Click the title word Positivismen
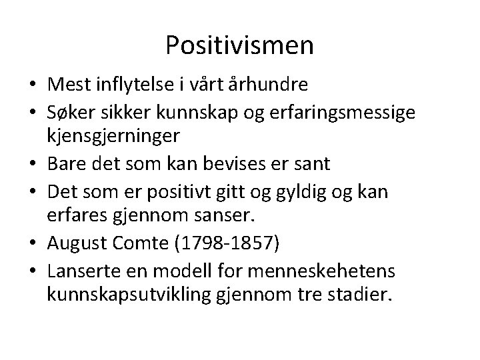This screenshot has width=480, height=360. pyautogui.click(x=239, y=45)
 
